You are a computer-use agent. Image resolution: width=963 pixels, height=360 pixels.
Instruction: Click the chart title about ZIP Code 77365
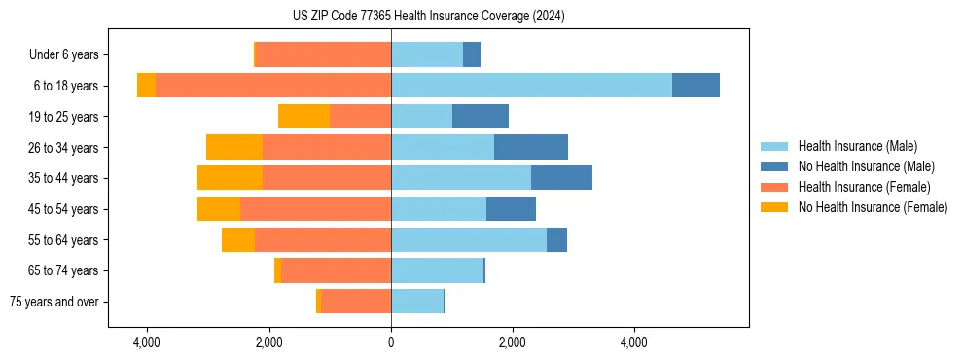tap(428, 17)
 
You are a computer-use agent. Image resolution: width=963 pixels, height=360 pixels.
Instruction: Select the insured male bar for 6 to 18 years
tap(531, 86)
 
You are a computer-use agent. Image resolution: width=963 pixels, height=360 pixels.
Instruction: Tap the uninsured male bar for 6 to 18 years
tap(695, 86)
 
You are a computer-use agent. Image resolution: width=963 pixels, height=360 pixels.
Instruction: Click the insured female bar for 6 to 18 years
tap(273, 86)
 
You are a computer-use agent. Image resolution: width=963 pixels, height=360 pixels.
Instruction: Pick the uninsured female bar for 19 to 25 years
tap(303, 117)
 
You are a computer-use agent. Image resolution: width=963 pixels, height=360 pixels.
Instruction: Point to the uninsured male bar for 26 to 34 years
tap(531, 148)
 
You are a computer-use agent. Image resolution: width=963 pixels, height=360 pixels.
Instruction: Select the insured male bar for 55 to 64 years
tap(469, 240)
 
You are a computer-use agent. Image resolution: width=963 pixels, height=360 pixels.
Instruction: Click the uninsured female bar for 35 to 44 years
tap(230, 178)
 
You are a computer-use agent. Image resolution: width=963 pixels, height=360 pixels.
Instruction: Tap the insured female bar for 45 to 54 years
tap(315, 209)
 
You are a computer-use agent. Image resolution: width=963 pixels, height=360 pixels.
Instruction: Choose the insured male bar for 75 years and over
tap(417, 302)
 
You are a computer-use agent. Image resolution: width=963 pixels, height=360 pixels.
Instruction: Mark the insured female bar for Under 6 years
tap(323, 55)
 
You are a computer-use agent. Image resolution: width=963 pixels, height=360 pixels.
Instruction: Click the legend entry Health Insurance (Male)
tap(857, 146)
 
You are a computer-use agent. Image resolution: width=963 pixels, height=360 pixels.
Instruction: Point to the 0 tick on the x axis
tap(391, 342)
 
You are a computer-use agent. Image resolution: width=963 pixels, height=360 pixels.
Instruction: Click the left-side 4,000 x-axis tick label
tap(147, 342)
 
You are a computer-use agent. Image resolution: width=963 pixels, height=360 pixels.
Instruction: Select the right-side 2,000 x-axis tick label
tap(513, 342)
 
